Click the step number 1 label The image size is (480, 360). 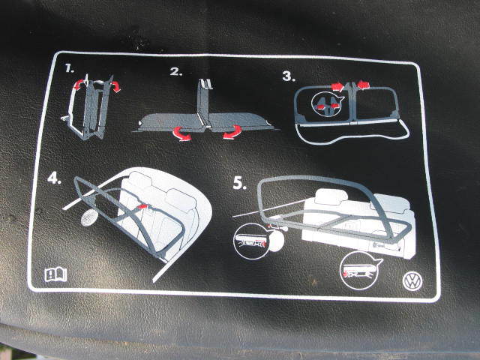(70, 68)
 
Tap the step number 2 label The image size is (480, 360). (176, 72)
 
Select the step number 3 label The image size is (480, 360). (289, 76)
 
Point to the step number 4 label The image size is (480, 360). (54, 178)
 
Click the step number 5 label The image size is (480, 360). (240, 183)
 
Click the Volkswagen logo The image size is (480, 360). (412, 281)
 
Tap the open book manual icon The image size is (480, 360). (55, 274)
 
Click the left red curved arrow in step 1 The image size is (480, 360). (79, 84)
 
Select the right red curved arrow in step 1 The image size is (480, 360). (115, 87)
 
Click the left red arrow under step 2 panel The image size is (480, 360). (181, 133)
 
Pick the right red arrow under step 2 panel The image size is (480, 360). (232, 132)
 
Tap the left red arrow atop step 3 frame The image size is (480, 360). (337, 87)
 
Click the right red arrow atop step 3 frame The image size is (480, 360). (363, 84)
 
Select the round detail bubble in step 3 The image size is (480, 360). (326, 103)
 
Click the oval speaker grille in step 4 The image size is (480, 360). (89, 217)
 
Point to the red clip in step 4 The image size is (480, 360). (142, 207)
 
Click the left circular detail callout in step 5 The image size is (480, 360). (253, 241)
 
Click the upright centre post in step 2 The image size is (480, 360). (203, 102)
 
